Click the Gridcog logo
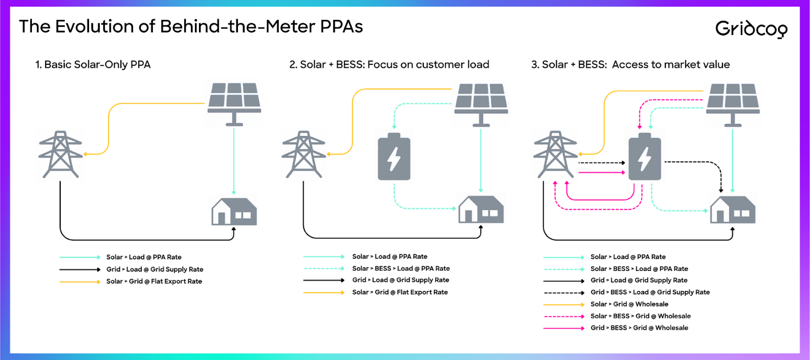(x=751, y=29)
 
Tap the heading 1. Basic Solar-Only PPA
(x=93, y=64)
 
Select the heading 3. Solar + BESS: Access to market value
(x=630, y=64)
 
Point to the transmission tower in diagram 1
(x=60, y=154)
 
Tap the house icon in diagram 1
(x=234, y=211)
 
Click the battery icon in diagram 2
(x=394, y=156)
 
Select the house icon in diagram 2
(x=481, y=210)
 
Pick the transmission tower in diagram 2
(x=304, y=154)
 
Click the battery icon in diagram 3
(x=645, y=156)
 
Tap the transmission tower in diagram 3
(x=555, y=154)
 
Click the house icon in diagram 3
(x=733, y=210)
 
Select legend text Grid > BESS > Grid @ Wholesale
(x=639, y=328)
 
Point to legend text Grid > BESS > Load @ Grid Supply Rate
(x=650, y=292)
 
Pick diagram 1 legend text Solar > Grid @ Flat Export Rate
(x=154, y=281)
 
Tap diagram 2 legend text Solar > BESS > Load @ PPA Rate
(x=401, y=268)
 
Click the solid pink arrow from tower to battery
(x=602, y=173)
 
